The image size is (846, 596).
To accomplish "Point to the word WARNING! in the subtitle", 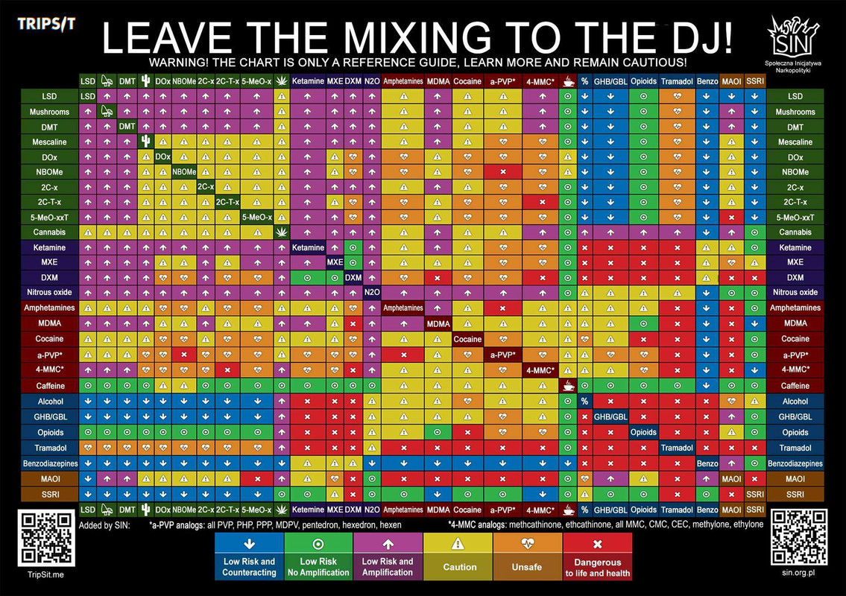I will coord(178,63).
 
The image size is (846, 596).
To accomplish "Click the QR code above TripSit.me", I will coord(46,536).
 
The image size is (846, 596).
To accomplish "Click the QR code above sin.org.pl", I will coord(799,536).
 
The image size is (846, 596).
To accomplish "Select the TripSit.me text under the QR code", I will coord(46,574).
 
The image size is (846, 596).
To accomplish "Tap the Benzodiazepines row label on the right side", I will coord(795,463).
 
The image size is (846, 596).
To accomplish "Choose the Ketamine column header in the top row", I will coord(308,81).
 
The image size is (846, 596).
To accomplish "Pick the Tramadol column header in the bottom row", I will coord(677,510).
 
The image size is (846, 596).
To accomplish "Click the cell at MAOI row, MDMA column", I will coord(438,479).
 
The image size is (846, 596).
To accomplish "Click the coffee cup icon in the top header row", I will coord(568,81).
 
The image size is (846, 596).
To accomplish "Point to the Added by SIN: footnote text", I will coord(104,525).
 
